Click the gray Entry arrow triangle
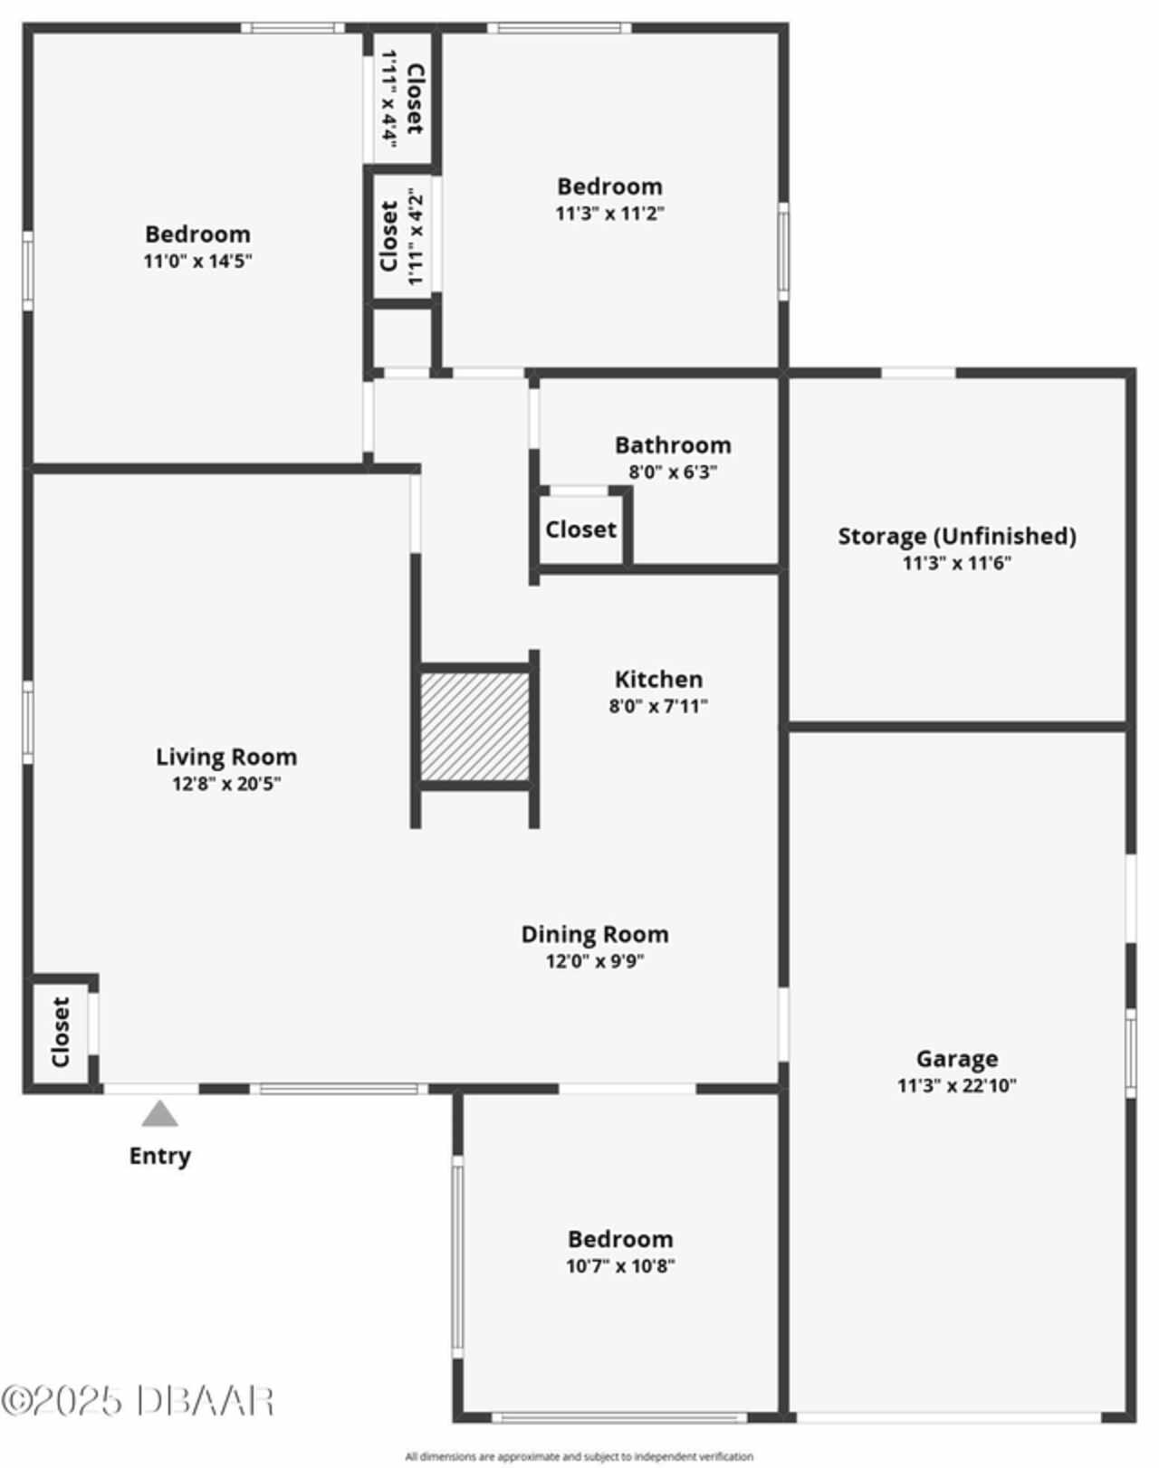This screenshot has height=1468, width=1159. click(x=159, y=1114)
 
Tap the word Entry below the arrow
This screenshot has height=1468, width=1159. click(x=160, y=1156)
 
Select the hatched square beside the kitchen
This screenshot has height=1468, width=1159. click(x=474, y=725)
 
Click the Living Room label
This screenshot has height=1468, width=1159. click(x=226, y=757)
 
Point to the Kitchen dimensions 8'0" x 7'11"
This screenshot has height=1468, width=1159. click(x=658, y=706)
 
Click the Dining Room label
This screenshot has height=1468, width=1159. click(x=595, y=934)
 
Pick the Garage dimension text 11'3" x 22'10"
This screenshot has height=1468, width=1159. click(x=957, y=1085)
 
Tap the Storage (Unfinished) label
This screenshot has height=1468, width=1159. click(x=957, y=536)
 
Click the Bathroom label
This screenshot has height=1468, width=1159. click(x=673, y=445)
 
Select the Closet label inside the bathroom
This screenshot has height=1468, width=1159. click(x=580, y=529)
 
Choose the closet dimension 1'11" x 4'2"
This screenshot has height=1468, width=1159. click(x=416, y=236)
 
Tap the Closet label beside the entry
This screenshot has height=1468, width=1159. click(x=61, y=1032)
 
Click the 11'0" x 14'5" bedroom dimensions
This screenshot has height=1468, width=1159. click(x=197, y=262)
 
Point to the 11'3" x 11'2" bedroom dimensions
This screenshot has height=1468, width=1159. click(x=610, y=214)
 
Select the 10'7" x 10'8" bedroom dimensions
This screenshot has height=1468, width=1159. click(x=620, y=1265)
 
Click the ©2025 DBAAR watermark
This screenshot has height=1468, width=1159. click(x=138, y=1401)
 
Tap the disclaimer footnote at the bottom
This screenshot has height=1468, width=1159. click(x=579, y=1456)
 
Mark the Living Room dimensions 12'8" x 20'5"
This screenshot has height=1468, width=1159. click(x=226, y=784)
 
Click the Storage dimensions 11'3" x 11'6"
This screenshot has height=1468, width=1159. click(x=957, y=563)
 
